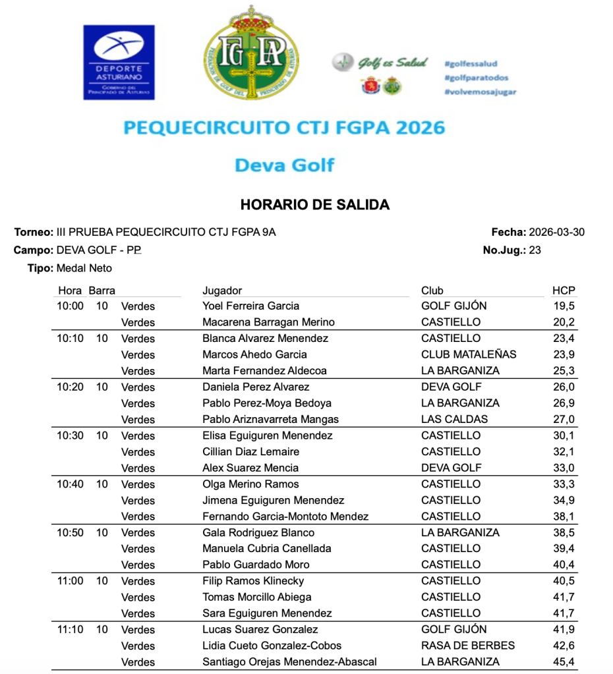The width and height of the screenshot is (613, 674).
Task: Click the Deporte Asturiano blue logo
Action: tap(119, 62)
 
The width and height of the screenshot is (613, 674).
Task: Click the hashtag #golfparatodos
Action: tap(476, 78)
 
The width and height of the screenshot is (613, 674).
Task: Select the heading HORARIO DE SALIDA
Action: tap(315, 205)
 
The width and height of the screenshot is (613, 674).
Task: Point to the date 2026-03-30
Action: tap(556, 232)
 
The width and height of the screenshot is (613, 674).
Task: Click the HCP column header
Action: tap(564, 291)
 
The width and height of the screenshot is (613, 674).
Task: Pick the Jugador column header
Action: tap(222, 291)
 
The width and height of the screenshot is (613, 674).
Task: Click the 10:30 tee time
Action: tap(71, 435)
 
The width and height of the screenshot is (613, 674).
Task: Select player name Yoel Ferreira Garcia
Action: tap(250, 306)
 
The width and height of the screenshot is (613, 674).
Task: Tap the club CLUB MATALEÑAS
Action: tap(469, 354)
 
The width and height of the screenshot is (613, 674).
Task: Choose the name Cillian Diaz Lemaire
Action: tap(250, 452)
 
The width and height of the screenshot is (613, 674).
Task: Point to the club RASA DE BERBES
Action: tap(468, 646)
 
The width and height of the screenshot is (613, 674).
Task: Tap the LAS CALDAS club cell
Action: tap(454, 419)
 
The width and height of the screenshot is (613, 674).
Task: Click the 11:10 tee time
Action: tap(71, 629)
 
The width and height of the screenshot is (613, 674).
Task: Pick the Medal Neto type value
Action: tap(84, 268)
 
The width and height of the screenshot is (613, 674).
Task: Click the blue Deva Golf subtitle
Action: tap(284, 165)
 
